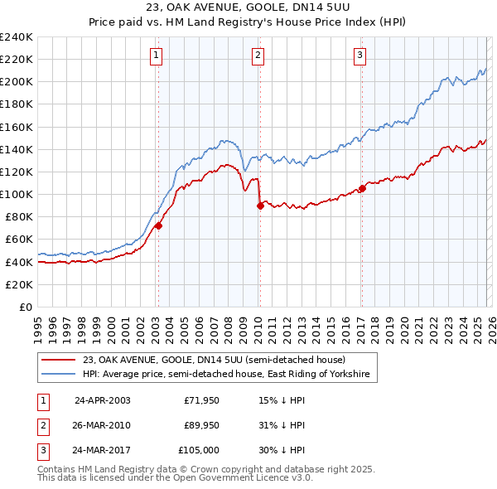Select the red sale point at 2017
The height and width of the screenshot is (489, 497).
362,189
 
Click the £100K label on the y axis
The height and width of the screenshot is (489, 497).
16,194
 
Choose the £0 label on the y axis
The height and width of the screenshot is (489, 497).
25,307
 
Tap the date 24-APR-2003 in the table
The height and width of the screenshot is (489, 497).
102,399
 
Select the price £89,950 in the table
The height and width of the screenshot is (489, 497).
201,425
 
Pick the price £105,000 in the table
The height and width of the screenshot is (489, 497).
200,450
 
